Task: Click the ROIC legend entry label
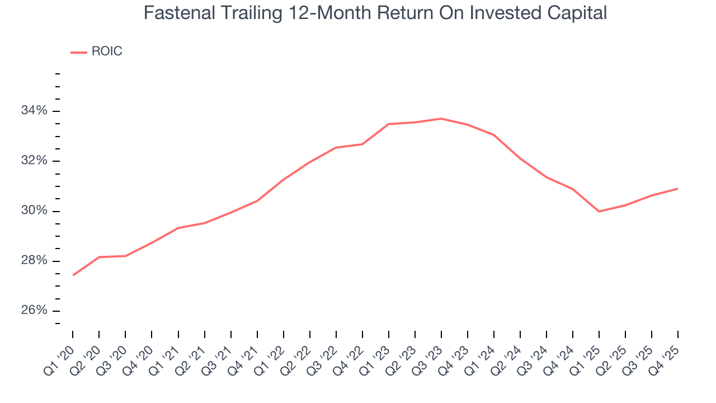(106, 51)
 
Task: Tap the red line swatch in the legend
(78, 52)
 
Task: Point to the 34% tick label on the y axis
(34, 111)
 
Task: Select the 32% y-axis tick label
(34, 161)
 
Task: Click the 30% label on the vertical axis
(34, 211)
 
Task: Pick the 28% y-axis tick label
(34, 261)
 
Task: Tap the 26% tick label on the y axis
(34, 311)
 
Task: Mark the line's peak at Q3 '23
(441, 119)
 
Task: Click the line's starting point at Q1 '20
(73, 275)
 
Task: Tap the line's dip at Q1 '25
(599, 211)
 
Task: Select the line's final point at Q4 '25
(678, 189)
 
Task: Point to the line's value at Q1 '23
(388, 124)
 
